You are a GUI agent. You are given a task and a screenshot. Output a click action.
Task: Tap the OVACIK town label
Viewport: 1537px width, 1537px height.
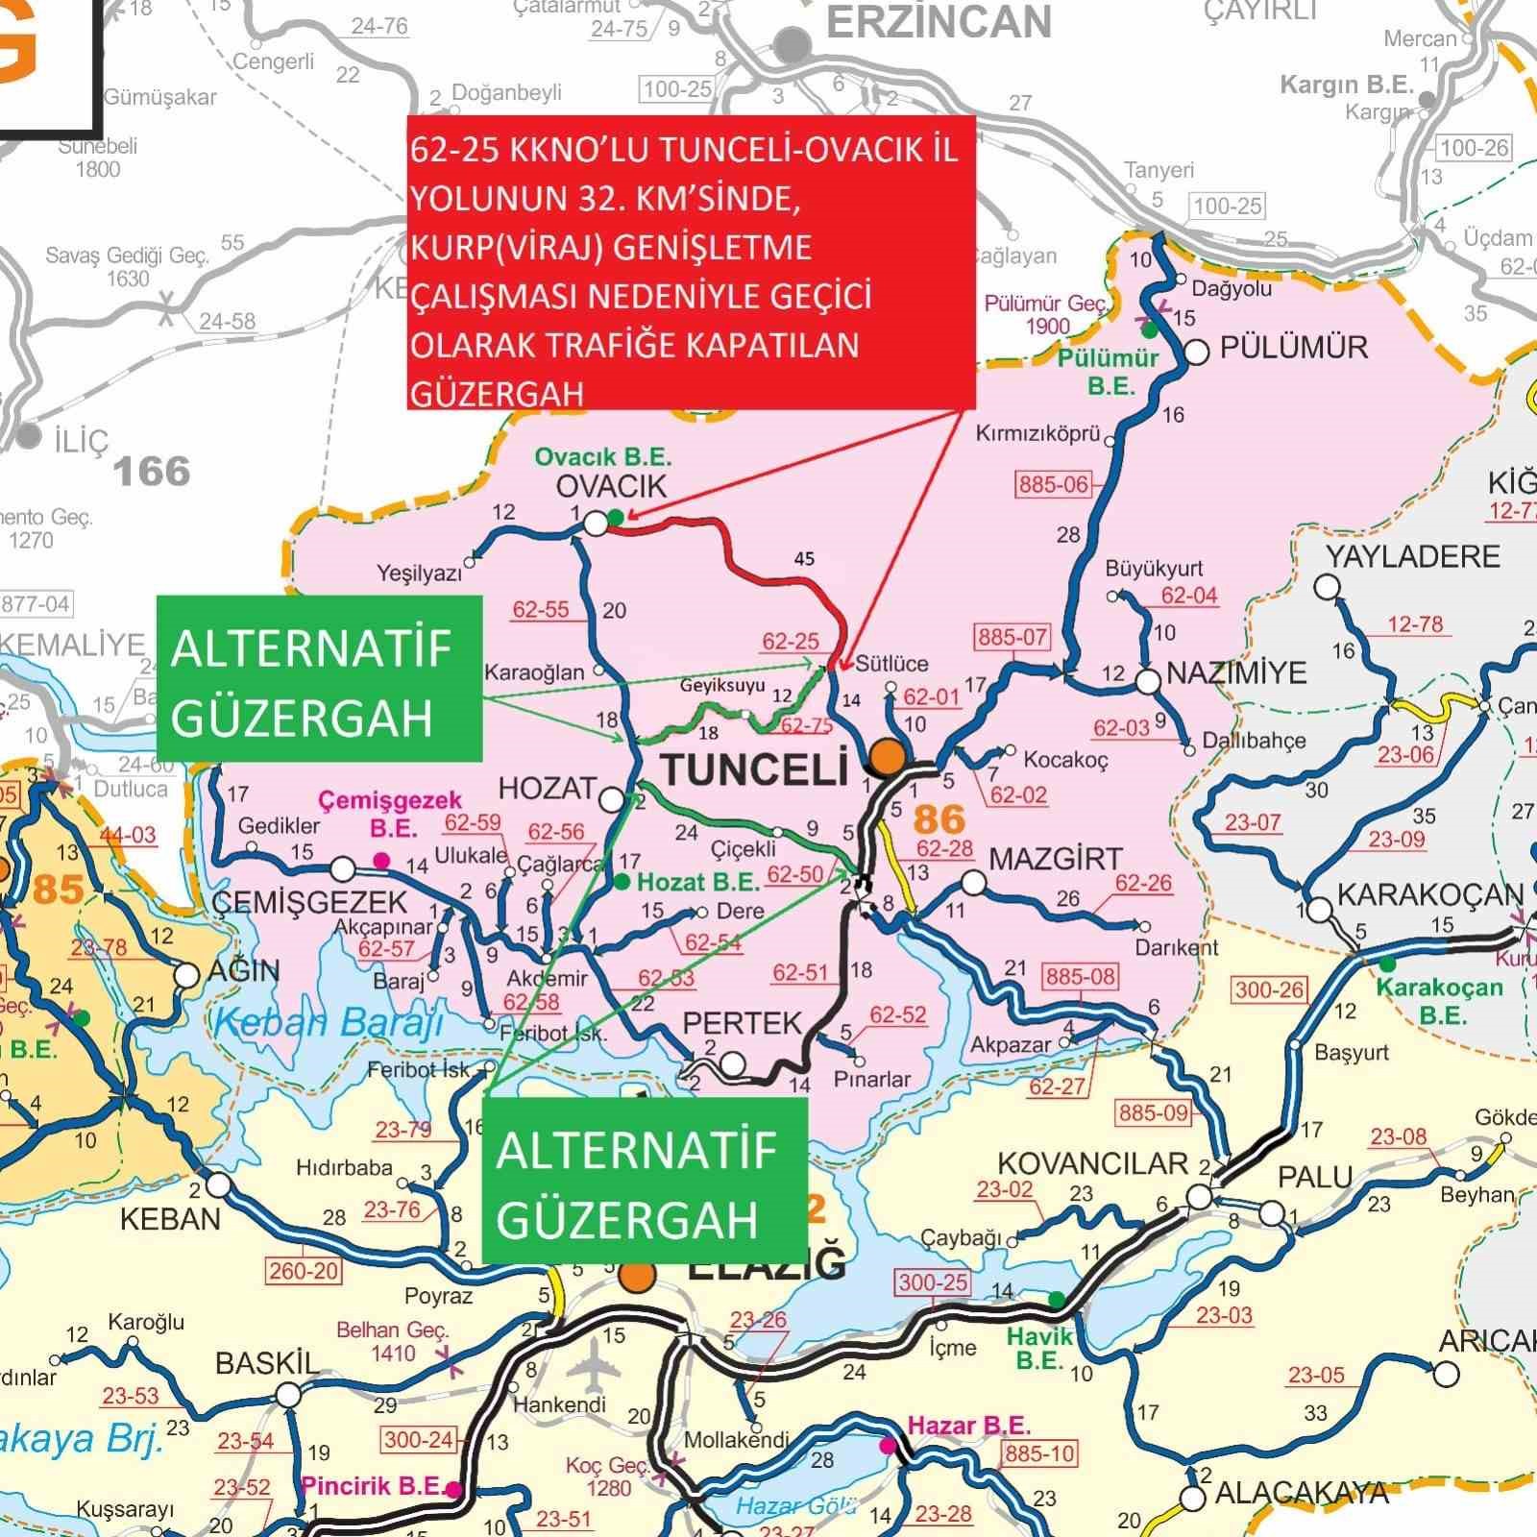[611, 486]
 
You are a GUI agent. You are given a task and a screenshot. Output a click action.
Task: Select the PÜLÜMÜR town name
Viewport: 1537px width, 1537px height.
[1293, 348]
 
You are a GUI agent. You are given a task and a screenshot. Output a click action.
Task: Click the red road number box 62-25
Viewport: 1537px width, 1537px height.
[791, 642]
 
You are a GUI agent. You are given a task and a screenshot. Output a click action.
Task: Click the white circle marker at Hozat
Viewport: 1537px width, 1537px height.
[612, 798]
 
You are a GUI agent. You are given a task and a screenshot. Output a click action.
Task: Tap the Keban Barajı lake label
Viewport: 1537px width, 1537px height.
[329, 1023]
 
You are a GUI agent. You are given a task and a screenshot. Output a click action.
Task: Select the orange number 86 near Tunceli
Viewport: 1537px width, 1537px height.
[939, 818]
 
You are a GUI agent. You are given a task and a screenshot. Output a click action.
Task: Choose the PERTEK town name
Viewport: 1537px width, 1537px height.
[742, 1023]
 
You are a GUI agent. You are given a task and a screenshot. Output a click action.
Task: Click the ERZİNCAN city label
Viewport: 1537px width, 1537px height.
[939, 23]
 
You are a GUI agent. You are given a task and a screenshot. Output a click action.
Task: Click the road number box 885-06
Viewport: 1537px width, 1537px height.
[1054, 484]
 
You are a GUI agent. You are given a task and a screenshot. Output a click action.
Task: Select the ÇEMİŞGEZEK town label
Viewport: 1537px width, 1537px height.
[309, 902]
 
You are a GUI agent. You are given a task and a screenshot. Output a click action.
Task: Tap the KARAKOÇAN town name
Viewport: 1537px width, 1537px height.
[1429, 894]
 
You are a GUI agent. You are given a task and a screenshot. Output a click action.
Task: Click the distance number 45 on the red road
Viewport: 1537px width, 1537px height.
[804, 559]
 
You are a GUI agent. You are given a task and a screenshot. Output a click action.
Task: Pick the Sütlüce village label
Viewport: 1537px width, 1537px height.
[891, 664]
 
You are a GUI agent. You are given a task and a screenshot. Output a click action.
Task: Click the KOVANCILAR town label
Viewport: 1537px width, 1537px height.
[1092, 1164]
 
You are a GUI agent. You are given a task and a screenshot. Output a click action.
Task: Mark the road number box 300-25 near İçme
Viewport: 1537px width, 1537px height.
[933, 1282]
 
